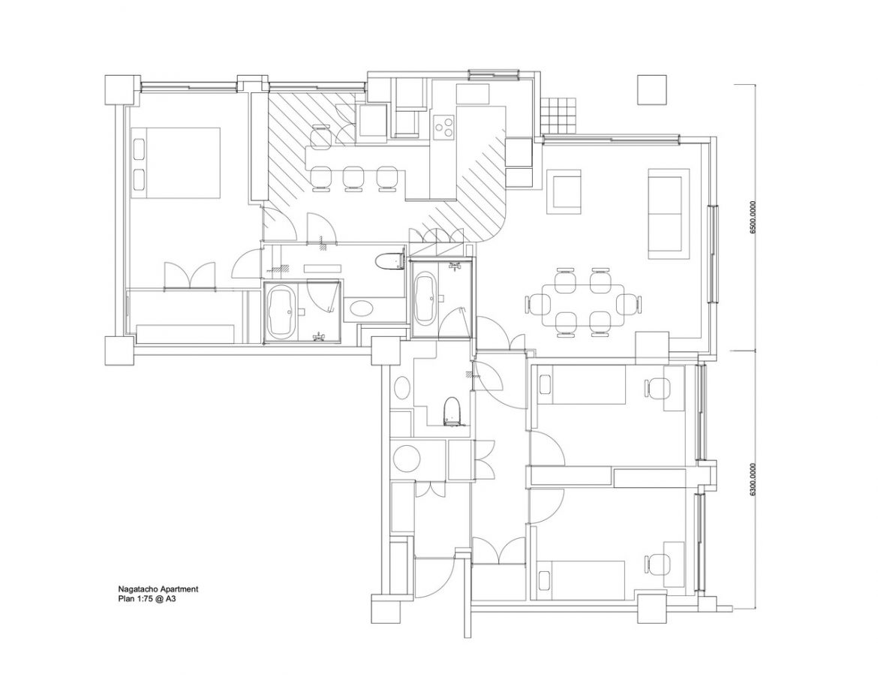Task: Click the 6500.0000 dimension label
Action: pyautogui.click(x=753, y=217)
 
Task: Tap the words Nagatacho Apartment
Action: pyautogui.click(x=158, y=589)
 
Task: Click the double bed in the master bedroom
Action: pyautogui.click(x=176, y=162)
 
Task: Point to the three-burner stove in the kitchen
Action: pyautogui.click(x=444, y=125)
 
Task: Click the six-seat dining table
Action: pyautogui.click(x=583, y=304)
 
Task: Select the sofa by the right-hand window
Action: pyautogui.click(x=666, y=213)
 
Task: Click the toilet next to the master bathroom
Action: pyautogui.click(x=389, y=261)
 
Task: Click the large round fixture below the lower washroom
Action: pyautogui.click(x=406, y=459)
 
